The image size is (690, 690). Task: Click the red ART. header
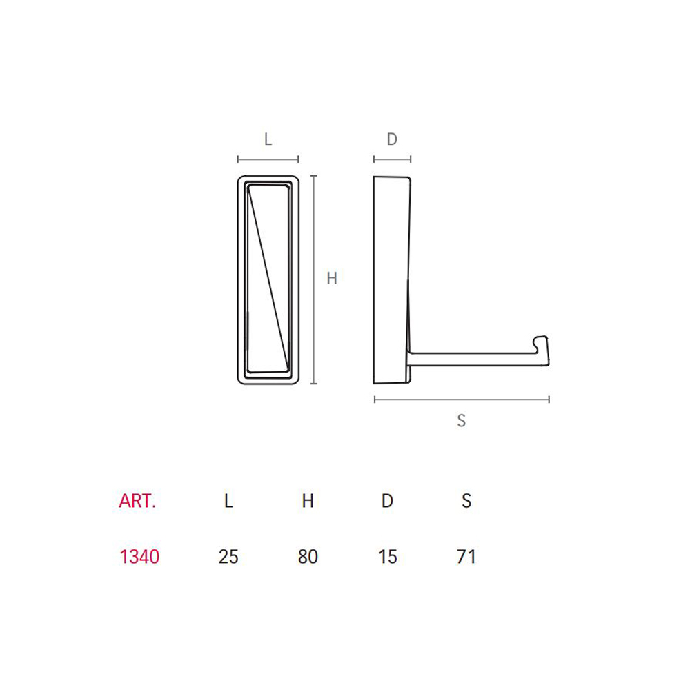(137, 501)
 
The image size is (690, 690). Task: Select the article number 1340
(139, 557)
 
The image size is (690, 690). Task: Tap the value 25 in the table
(228, 557)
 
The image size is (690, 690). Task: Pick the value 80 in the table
(308, 557)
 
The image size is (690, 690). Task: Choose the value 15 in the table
(388, 557)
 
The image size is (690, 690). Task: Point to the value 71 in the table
(466, 557)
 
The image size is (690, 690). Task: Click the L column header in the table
(228, 501)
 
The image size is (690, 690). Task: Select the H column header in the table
(308, 501)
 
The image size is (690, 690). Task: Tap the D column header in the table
(387, 501)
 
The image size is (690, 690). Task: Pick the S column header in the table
(466, 501)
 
